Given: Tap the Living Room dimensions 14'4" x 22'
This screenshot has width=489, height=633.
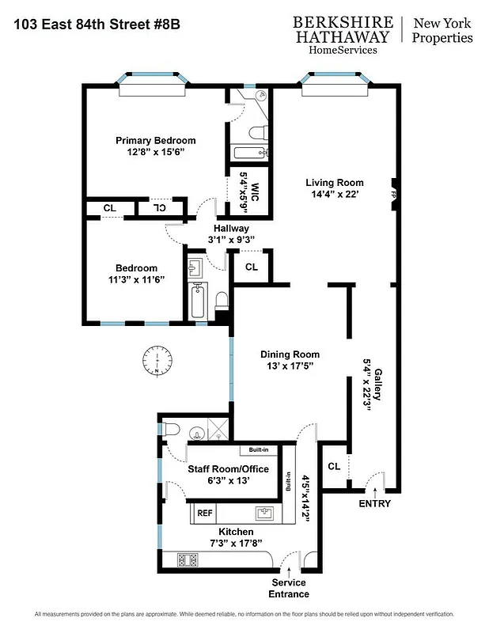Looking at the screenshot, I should click(335, 195).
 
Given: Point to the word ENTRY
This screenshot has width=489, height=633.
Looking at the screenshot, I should click(374, 503).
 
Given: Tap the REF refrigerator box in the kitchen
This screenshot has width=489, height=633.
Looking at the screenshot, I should click(205, 513).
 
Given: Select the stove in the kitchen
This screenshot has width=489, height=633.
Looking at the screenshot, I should click(189, 559).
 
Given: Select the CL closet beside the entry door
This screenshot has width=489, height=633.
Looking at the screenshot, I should click(334, 466).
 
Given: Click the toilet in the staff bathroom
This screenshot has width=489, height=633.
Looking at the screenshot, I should click(172, 430).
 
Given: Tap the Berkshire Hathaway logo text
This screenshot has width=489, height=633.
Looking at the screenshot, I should click(342, 30).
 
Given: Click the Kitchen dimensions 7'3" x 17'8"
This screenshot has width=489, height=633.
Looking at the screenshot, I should click(236, 544).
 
